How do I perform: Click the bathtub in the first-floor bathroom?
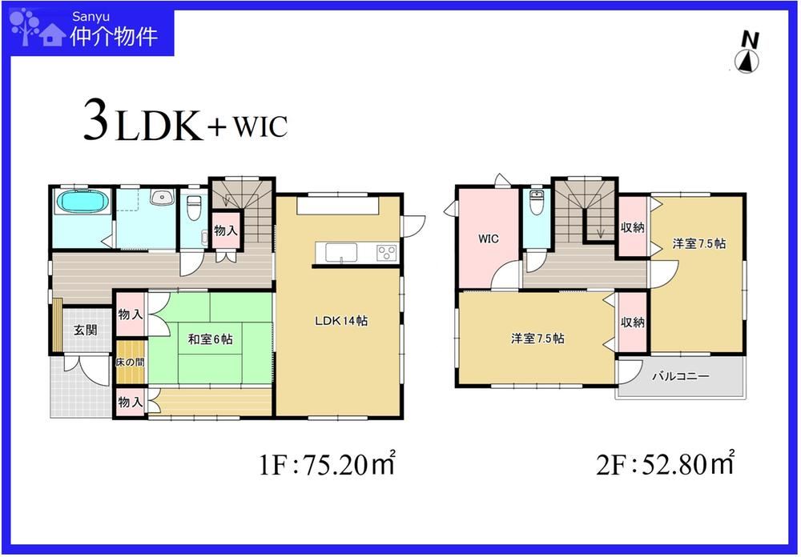tap(83, 201)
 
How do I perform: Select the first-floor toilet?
tap(194, 207)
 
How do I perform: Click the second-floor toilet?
tap(536, 202)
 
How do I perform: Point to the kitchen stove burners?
tap(386, 252)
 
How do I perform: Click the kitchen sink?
tap(342, 252)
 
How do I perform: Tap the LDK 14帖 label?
tap(341, 321)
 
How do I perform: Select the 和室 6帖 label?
tap(210, 339)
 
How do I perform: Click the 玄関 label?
tap(85, 330)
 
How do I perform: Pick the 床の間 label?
tap(130, 362)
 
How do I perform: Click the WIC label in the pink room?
tap(489, 238)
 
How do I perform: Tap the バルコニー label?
tap(680, 376)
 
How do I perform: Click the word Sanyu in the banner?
tap(91, 16)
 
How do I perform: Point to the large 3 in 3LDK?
tap(97, 122)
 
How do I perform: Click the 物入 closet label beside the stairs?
tap(225, 230)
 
